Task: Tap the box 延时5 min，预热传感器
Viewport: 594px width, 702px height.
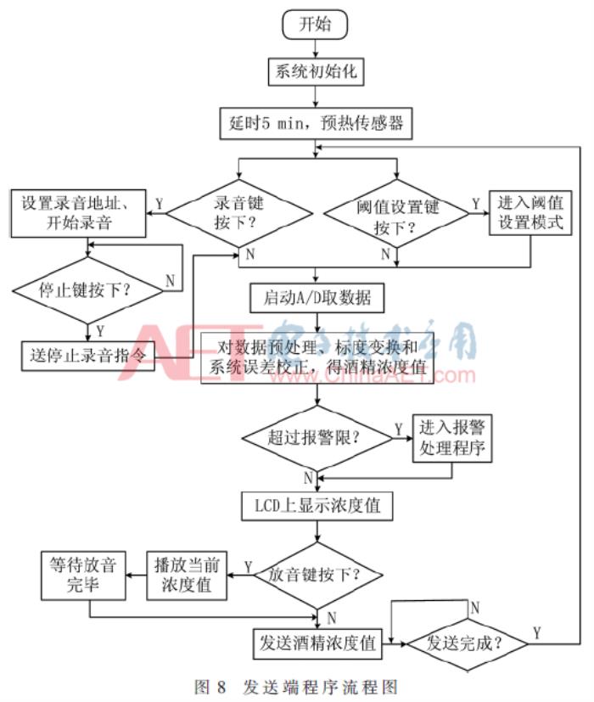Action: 316,125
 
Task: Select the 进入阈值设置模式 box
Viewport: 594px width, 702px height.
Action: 531,215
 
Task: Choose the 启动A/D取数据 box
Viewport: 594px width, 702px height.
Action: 317,299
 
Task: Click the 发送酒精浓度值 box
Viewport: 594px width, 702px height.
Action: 316,643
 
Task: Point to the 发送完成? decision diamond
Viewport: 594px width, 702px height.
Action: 466,643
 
